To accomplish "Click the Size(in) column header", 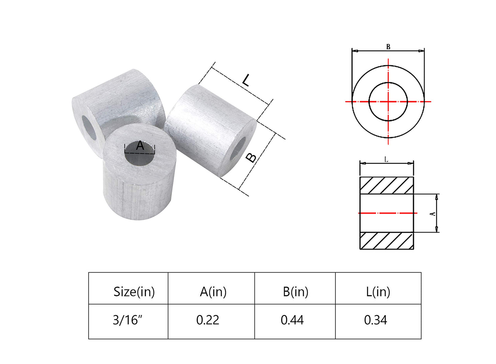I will coord(134,292).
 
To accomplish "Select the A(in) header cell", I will coord(213,292).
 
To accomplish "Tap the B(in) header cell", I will coord(296,292).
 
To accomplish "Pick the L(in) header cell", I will coord(378,292).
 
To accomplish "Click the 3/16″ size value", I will coord(127,320).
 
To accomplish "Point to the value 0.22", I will coord(208,320).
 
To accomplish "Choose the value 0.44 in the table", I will coord(292,320).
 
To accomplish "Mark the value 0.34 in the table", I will coord(376,320).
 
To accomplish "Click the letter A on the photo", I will coord(140,146).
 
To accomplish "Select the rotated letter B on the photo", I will coord(251,158).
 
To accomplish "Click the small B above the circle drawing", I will coord(388,47).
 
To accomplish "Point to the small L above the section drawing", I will coord(386,160).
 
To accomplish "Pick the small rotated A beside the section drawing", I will coord(433,214).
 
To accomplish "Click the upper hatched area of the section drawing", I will coord(387,185).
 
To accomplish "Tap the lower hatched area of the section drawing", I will coord(387,241).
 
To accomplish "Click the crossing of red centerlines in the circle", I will coord(388,102).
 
